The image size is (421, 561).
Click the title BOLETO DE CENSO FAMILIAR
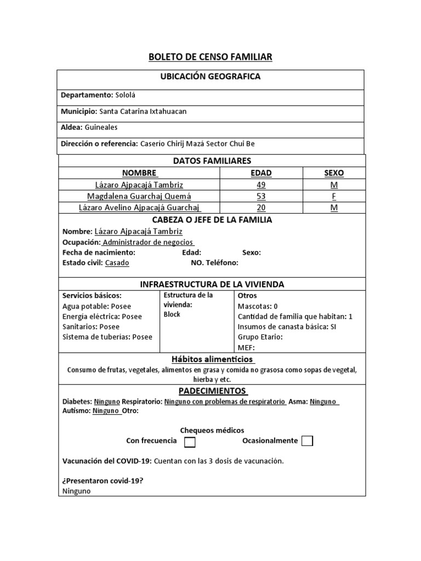point(210,57)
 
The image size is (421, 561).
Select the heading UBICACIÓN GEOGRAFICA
point(210,77)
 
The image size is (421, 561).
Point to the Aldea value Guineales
point(101,127)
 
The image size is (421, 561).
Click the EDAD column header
point(260,173)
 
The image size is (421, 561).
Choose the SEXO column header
point(334,173)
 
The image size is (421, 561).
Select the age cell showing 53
point(260,196)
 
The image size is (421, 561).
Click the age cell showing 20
point(260,208)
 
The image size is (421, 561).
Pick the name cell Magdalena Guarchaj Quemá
point(139,196)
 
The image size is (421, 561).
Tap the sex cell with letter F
point(334,196)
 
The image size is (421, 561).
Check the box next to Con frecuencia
point(190,442)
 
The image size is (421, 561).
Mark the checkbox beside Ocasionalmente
point(308,442)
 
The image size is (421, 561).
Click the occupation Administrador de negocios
point(148,242)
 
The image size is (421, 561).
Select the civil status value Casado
point(117,263)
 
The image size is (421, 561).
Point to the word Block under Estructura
point(172,314)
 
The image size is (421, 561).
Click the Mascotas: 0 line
point(258,306)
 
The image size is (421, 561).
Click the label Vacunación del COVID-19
point(106,461)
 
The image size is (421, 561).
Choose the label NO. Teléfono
point(214,263)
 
